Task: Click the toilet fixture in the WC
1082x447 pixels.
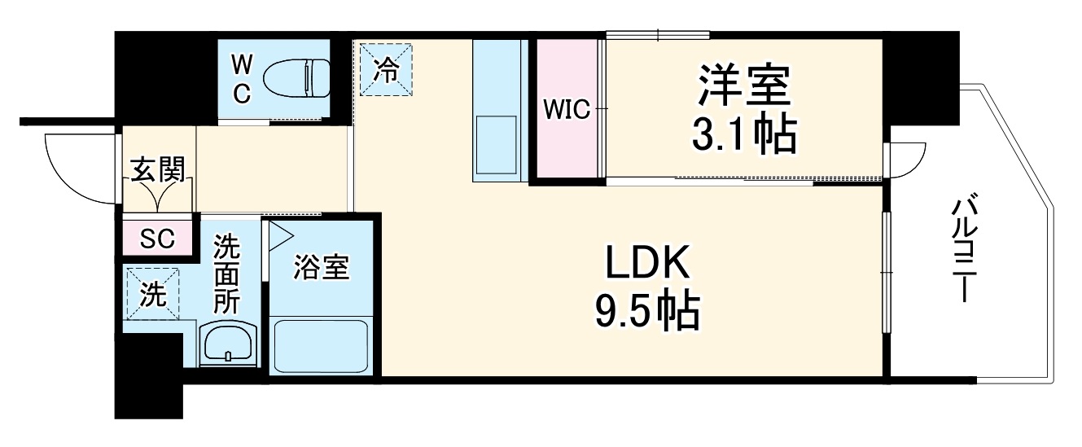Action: coord(303,78)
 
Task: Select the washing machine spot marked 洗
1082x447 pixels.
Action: coord(152,293)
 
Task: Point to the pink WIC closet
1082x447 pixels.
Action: coord(567,109)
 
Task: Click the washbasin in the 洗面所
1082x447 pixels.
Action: coord(229,345)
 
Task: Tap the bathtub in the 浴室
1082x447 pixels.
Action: coord(321,347)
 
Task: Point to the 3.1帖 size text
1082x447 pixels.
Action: coord(743,137)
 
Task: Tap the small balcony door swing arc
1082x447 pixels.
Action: coord(908,160)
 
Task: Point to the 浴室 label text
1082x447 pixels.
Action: coord(322,268)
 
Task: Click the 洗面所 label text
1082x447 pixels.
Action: coord(226,275)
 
